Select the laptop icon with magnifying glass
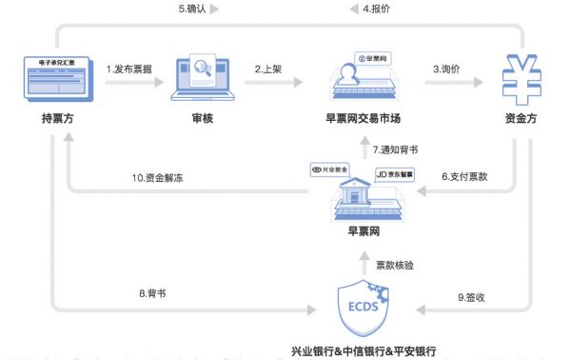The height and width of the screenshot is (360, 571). point(202,80)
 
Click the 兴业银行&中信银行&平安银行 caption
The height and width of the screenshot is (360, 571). point(364,350)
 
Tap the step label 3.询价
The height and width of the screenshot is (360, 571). point(450,69)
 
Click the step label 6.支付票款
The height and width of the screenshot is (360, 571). point(463,176)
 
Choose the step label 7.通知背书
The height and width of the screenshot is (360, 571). point(395,150)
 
